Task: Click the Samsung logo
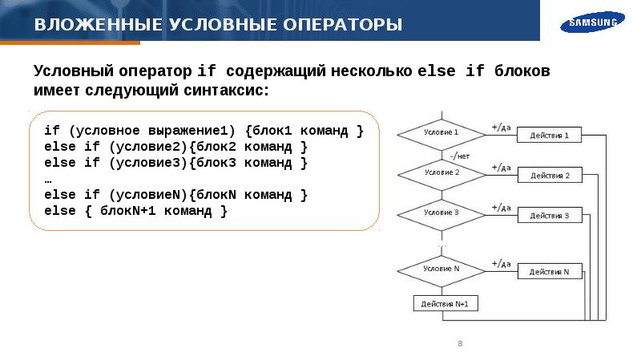click(x=592, y=22)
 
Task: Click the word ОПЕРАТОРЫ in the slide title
click(x=343, y=25)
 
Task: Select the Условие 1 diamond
click(x=441, y=135)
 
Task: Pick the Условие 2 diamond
click(x=441, y=175)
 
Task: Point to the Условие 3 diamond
click(x=441, y=215)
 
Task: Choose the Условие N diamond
click(x=441, y=271)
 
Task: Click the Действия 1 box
click(x=549, y=135)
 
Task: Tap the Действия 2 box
click(x=550, y=175)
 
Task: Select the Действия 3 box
click(x=550, y=215)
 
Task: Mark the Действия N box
click(x=550, y=271)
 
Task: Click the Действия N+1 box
click(x=445, y=304)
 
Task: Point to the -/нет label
click(x=460, y=156)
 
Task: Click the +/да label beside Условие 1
click(x=502, y=127)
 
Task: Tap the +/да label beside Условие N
click(x=502, y=264)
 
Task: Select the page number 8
click(x=460, y=344)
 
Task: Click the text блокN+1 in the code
click(x=128, y=211)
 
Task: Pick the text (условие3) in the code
click(x=148, y=163)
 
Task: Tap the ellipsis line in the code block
click(x=48, y=180)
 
